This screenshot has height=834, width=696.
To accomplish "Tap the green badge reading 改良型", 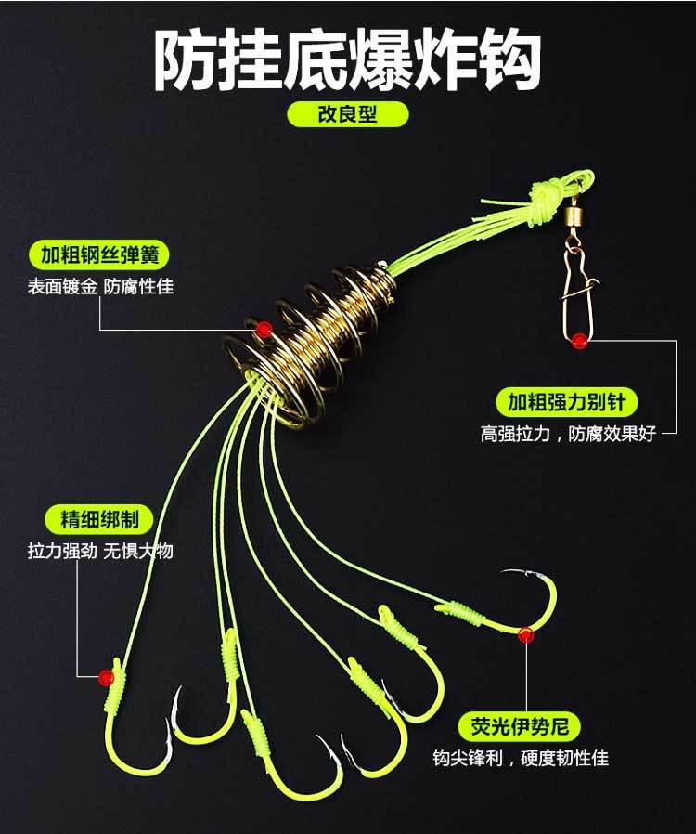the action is (347, 114).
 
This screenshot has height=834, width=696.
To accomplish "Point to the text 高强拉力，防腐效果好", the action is (567, 433).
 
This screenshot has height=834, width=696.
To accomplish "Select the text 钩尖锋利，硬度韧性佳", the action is (520, 758).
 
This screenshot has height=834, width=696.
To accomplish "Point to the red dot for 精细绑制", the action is (106, 677).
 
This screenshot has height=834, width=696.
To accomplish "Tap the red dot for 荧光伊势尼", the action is (526, 635).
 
